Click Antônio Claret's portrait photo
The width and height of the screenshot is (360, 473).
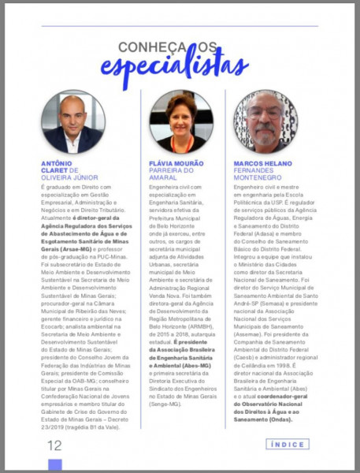coord(72,121)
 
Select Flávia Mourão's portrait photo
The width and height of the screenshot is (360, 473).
coord(180,121)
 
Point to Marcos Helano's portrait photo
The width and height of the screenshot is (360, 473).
coord(265,121)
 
